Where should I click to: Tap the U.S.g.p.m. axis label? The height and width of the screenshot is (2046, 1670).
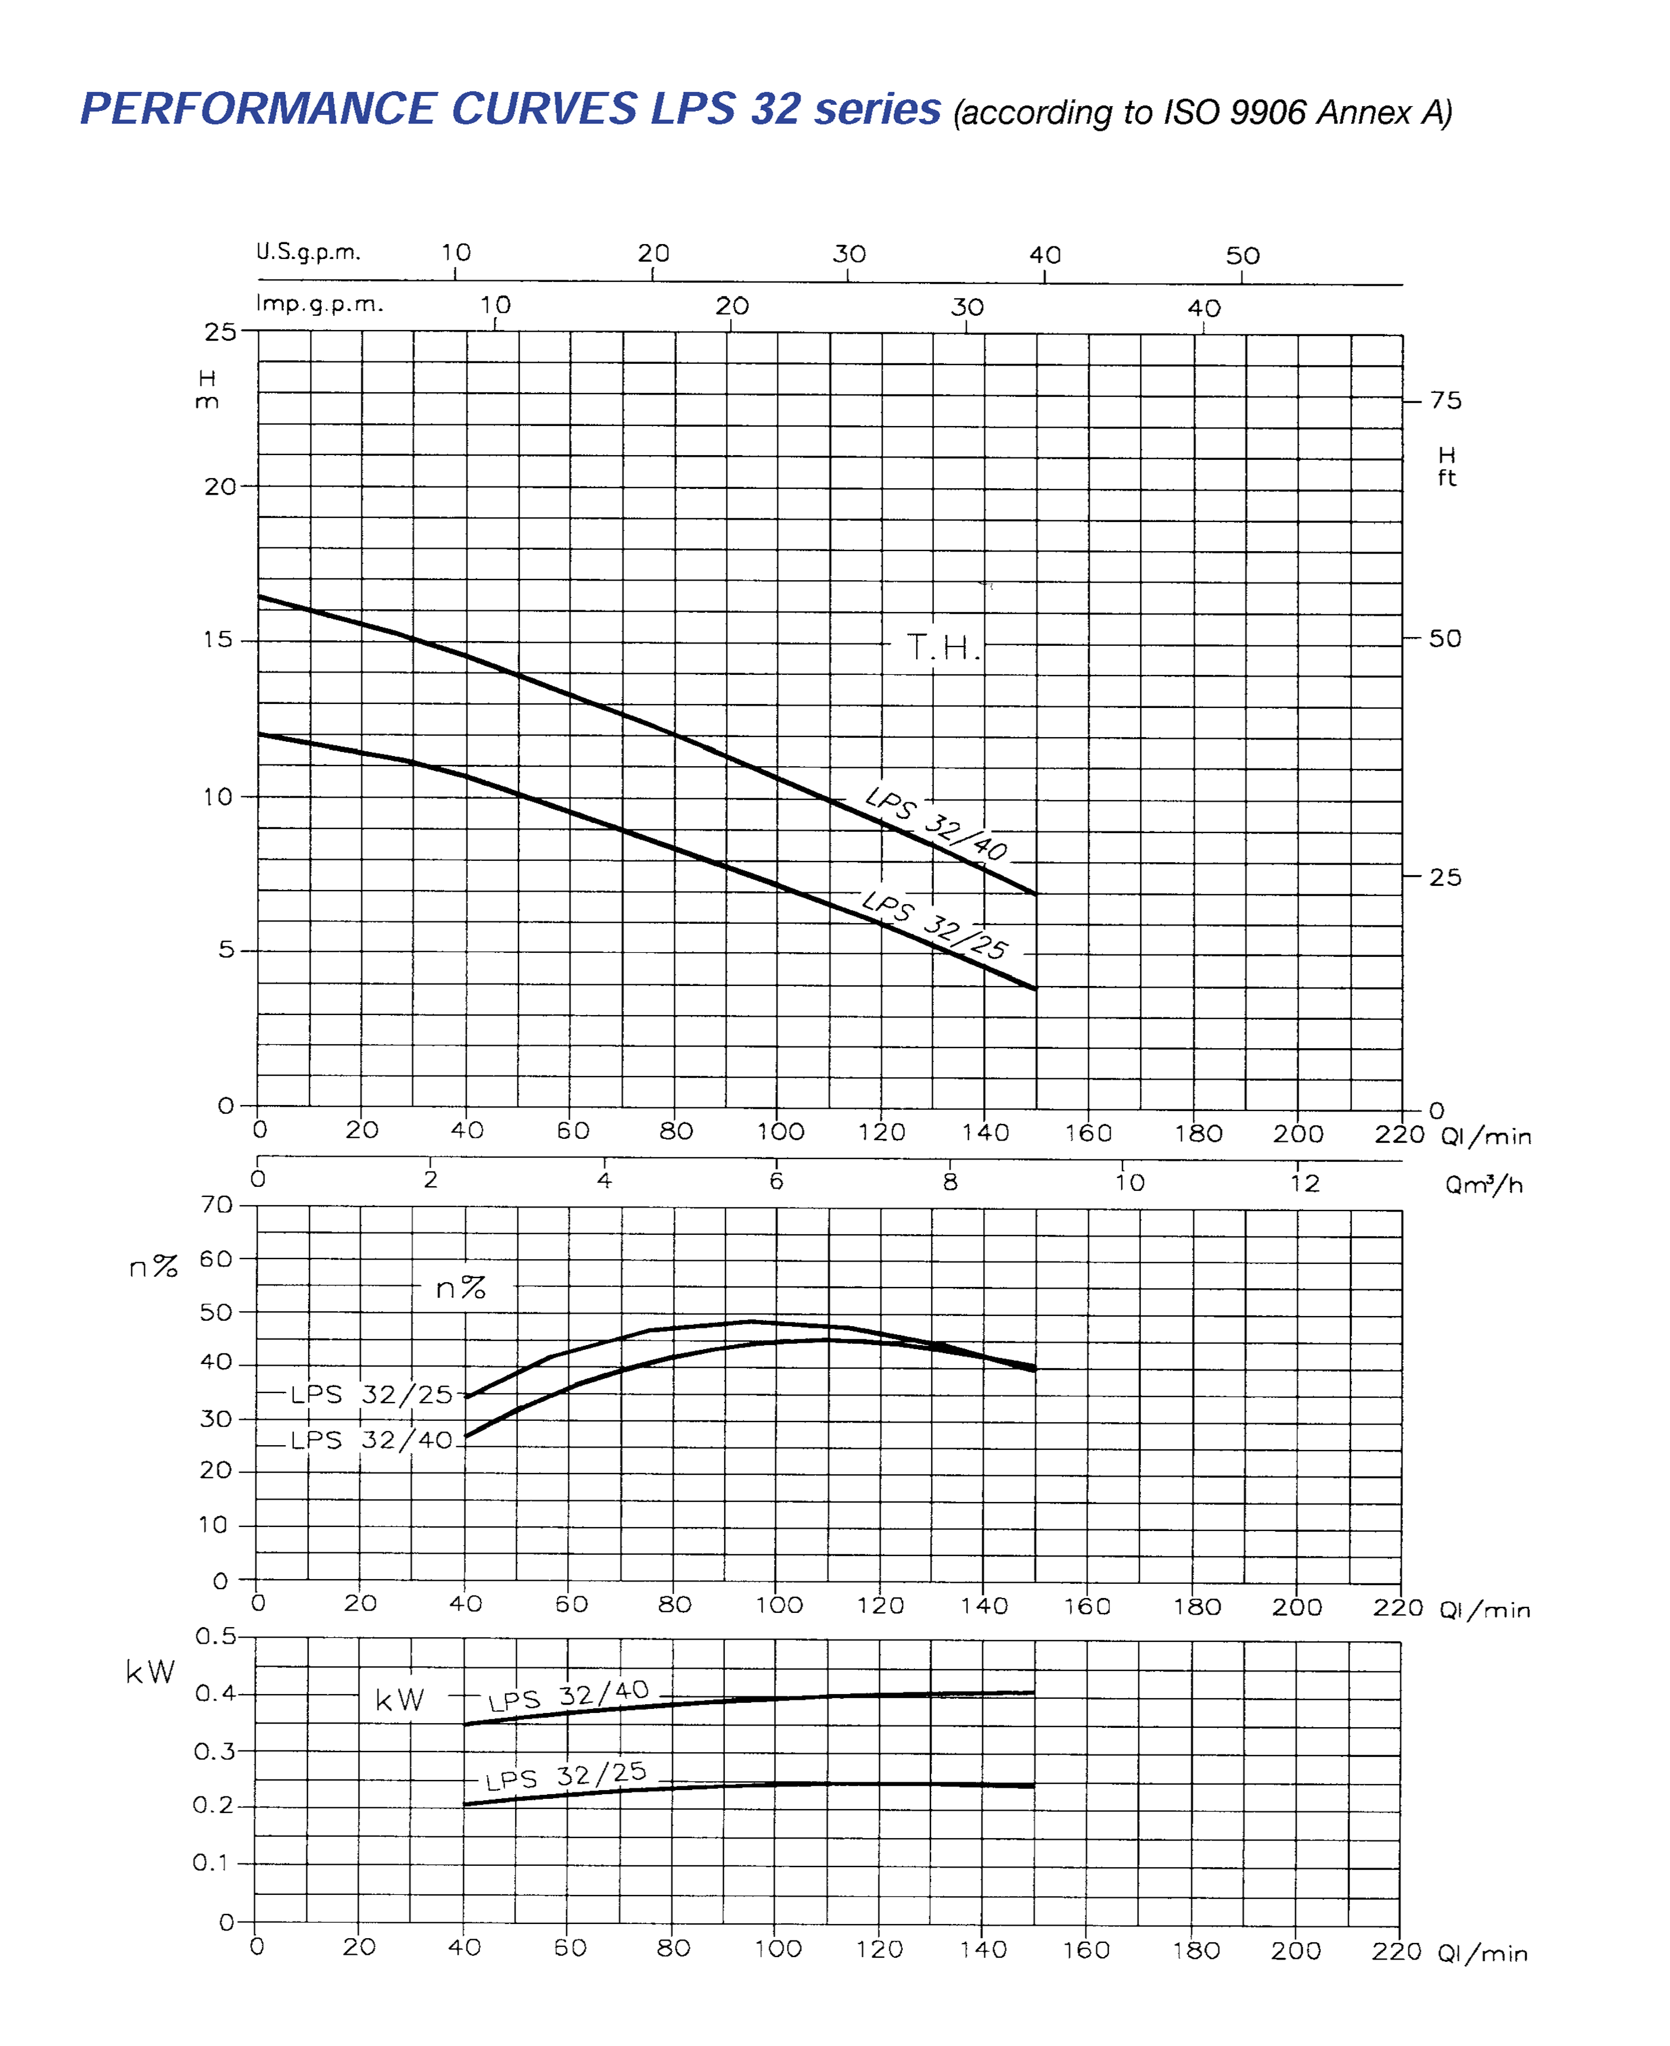[308, 252]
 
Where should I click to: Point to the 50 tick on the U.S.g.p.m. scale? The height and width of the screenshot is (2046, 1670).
[1242, 256]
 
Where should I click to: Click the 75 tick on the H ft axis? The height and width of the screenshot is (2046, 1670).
[1445, 400]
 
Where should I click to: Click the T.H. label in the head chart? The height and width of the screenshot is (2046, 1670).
[943, 648]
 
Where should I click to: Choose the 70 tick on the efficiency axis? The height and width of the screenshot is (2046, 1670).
[216, 1205]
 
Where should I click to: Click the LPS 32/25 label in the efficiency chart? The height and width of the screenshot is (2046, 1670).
[372, 1395]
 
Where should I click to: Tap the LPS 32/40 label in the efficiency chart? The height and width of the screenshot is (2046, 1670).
[372, 1440]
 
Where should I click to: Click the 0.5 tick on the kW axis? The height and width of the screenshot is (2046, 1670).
[216, 1636]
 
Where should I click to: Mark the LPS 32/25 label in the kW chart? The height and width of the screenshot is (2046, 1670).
[565, 1776]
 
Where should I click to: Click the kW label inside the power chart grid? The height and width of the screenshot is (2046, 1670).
[399, 1701]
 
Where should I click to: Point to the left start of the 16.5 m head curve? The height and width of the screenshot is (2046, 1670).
[260, 597]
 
